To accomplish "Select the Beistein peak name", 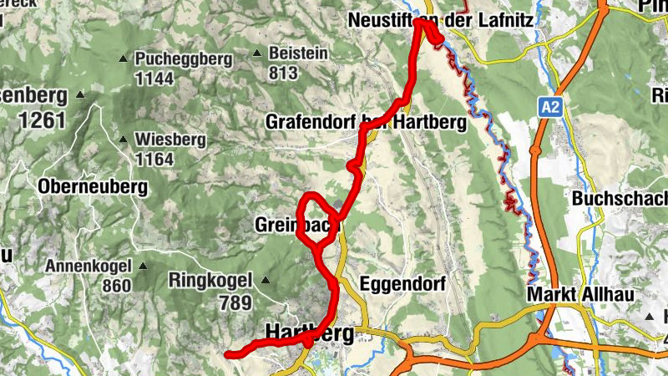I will coord(298,53).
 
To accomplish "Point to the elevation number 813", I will coord(283,73).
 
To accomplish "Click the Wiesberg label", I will coord(166,139).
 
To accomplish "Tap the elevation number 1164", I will coord(154,159).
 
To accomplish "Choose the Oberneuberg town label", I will coord(92,186).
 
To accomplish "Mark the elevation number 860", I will coord(116,286).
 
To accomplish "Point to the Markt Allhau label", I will coord(581,296).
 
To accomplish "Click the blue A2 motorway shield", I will coord(549,106).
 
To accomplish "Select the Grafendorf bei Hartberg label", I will coord(366,122).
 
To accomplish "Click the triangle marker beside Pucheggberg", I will coord(123,59).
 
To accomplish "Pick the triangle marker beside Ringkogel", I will coord(266,280).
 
